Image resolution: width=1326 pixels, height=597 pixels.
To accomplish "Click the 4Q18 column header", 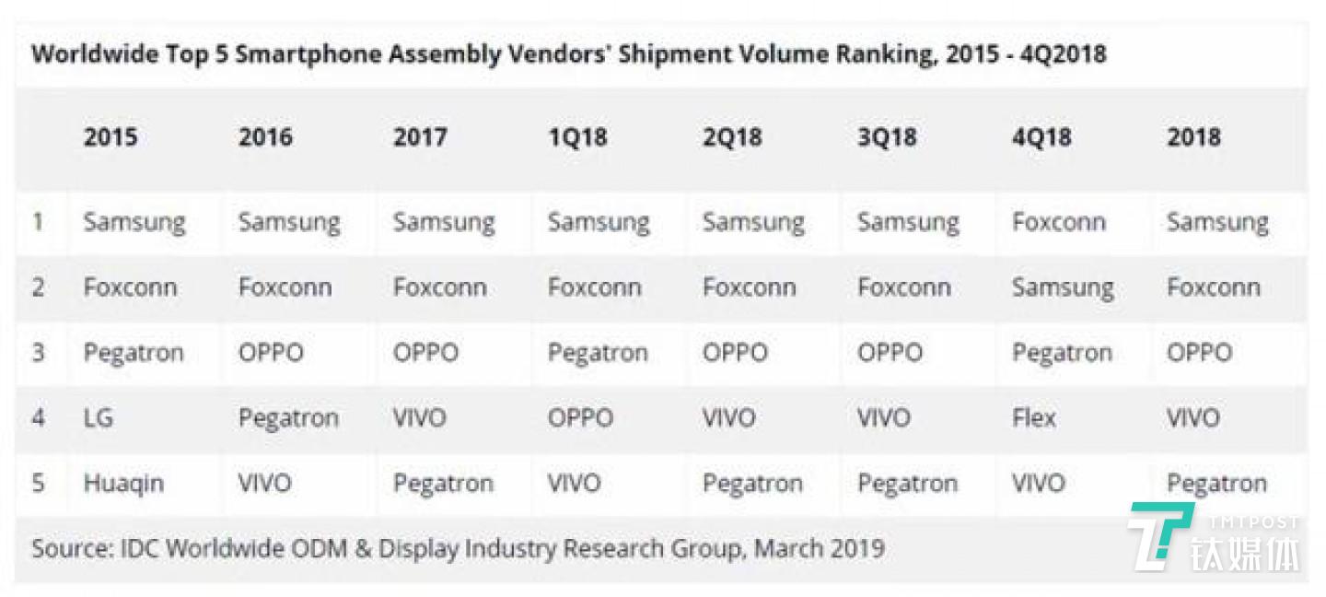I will pyautogui.click(x=1041, y=138).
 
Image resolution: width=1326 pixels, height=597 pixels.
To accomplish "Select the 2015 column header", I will pyautogui.click(x=110, y=138).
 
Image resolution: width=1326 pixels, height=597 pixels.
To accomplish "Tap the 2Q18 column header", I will pyautogui.click(x=732, y=138).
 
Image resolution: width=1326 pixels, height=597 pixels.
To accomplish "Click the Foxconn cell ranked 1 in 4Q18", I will pyautogui.click(x=1058, y=223).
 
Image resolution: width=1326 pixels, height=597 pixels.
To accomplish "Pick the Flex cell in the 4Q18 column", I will pyautogui.click(x=1034, y=418).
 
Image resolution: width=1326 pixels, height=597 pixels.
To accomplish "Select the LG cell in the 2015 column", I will pyautogui.click(x=99, y=418).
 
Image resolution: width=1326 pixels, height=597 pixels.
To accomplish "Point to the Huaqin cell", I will pyautogui.click(x=123, y=484).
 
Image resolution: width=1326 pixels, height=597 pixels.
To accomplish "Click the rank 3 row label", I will pyautogui.click(x=38, y=353).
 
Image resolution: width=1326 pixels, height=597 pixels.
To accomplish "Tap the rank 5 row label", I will pyautogui.click(x=38, y=484).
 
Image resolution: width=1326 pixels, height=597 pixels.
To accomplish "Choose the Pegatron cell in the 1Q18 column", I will pyautogui.click(x=598, y=353).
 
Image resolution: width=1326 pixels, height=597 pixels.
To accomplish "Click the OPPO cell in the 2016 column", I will pyautogui.click(x=271, y=353).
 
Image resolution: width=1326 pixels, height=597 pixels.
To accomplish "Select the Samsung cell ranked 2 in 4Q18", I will pyautogui.click(x=1063, y=288).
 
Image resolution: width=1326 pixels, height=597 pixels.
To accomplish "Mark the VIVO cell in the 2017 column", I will pyautogui.click(x=419, y=418).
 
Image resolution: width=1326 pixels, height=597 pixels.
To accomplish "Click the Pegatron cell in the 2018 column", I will pyautogui.click(x=1216, y=484).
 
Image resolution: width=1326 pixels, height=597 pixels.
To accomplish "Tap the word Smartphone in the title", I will pyautogui.click(x=308, y=54).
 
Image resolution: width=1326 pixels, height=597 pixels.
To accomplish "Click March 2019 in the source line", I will pyautogui.click(x=820, y=549).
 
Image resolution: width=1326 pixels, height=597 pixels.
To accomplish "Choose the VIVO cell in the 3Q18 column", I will pyautogui.click(x=884, y=418).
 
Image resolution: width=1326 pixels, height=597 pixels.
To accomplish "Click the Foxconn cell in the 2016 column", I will pyautogui.click(x=285, y=288).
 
